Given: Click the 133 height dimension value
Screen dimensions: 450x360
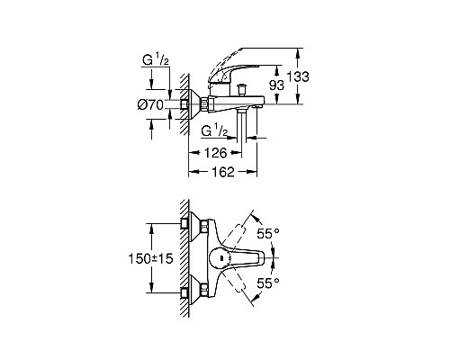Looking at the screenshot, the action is click(x=298, y=76).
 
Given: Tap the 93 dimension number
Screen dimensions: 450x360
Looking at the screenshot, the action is click(x=276, y=85).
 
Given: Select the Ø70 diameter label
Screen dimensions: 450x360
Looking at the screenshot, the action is click(x=150, y=104).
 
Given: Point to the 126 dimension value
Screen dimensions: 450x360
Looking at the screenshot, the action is click(x=215, y=153).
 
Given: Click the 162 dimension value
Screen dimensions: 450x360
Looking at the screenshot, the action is click(x=222, y=172).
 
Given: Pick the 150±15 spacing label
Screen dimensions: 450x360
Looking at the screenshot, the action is click(x=150, y=258).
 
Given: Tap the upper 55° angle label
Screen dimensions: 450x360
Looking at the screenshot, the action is click(x=268, y=233).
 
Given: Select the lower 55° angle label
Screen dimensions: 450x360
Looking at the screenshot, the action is click(x=268, y=283).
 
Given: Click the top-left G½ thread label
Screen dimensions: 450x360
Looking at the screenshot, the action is click(x=156, y=60).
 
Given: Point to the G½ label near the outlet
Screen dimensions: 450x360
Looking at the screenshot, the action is click(x=214, y=131).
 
